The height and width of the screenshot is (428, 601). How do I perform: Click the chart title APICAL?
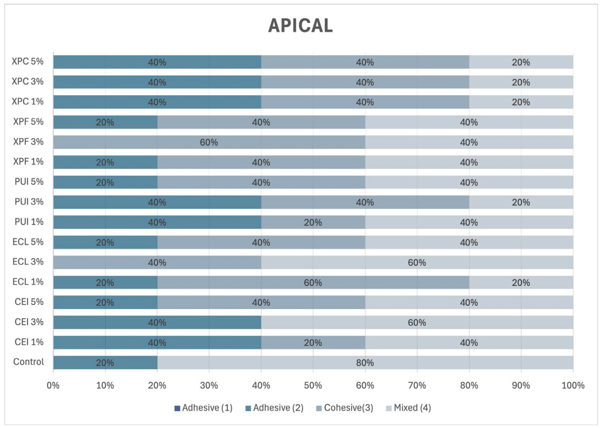point(300,26)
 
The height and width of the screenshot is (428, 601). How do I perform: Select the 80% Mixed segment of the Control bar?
point(365,363)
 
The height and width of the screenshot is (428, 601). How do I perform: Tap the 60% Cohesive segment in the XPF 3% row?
point(209,142)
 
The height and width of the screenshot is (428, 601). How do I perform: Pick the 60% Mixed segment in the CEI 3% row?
point(417,322)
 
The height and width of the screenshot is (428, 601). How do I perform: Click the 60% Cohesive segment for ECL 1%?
point(313,282)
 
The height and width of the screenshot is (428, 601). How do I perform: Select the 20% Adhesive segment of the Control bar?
point(105,363)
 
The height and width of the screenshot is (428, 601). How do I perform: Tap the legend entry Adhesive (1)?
point(203,408)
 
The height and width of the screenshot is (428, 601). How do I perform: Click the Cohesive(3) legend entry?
point(345,408)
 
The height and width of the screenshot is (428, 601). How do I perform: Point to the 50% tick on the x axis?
point(313,386)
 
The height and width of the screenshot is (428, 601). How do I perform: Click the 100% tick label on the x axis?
point(573,386)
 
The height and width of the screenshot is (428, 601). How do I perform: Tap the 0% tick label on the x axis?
point(53,386)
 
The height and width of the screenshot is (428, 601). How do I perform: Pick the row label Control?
point(29,362)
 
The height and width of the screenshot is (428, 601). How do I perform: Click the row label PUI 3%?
point(29,202)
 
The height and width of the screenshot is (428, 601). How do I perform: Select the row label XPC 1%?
point(27,101)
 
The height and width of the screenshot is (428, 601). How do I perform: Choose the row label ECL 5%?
point(28,242)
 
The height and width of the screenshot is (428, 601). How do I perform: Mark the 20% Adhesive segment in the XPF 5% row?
point(105,122)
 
